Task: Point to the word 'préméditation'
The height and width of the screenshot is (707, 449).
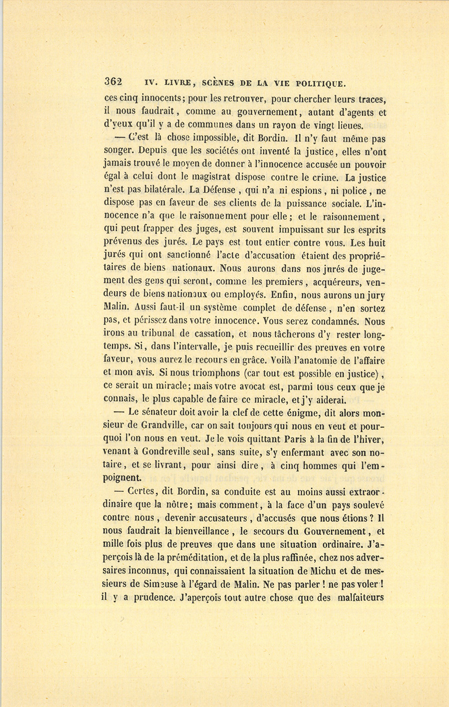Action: [x=187, y=558]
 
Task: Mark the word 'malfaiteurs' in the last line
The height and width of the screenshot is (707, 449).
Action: [x=360, y=597]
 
